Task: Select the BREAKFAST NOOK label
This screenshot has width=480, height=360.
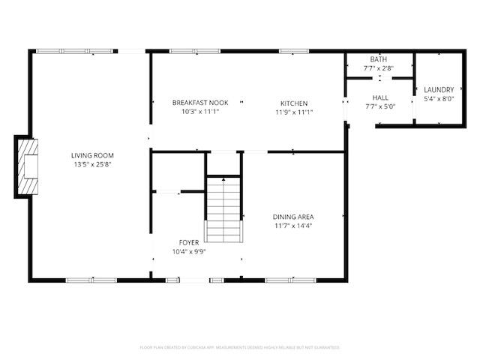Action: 199,103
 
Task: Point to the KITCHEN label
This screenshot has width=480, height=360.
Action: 294,103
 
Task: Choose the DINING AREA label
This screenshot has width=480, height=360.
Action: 292,217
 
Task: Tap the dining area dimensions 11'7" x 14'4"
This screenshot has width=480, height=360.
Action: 292,225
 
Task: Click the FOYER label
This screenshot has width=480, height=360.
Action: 188,243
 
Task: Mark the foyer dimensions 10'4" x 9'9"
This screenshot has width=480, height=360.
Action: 188,251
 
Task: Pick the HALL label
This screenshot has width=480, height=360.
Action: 379,97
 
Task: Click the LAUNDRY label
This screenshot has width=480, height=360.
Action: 439,90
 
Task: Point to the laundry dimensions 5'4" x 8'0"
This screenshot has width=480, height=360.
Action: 439,98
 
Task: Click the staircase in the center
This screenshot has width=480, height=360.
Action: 223,209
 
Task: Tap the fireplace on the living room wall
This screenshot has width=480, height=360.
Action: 27,166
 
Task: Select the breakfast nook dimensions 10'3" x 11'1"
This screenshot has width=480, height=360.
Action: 199,112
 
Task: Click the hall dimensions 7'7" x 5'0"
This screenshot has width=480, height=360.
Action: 379,106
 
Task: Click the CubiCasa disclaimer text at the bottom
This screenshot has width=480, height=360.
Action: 240,347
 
